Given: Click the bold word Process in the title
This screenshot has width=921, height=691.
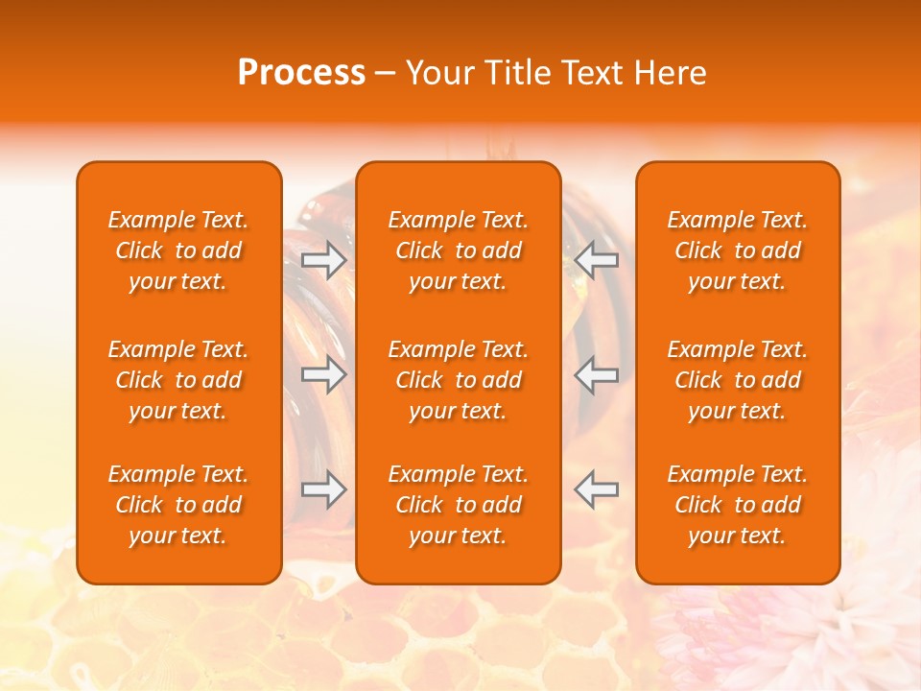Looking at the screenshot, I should pyautogui.click(x=301, y=73).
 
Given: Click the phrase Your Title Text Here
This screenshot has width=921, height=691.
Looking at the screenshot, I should pyautogui.click(x=556, y=73).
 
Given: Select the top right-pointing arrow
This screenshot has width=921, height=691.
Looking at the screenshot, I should pyautogui.click(x=324, y=259).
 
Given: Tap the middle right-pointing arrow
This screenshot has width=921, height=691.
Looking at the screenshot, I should pyautogui.click(x=324, y=373).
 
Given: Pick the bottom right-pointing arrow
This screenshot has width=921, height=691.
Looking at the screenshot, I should pyautogui.click(x=324, y=489).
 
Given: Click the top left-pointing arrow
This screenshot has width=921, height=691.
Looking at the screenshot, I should pyautogui.click(x=596, y=259).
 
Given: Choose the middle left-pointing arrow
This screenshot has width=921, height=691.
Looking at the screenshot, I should pyautogui.click(x=596, y=373).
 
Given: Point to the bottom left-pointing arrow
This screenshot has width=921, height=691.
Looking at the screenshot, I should pyautogui.click(x=596, y=489).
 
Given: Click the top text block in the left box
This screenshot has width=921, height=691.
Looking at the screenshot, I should pyautogui.click(x=178, y=250).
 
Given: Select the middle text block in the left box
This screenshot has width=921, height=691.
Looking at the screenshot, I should pyautogui.click(x=178, y=380).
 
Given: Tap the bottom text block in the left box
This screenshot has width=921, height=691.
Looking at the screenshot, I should pyautogui.click(x=178, y=505).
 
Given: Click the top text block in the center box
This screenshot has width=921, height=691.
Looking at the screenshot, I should pyautogui.click(x=458, y=250).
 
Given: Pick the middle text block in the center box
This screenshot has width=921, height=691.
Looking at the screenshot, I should pyautogui.click(x=458, y=380).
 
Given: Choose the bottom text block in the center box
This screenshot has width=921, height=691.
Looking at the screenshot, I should pyautogui.click(x=458, y=505).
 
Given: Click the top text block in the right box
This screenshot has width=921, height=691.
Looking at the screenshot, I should pyautogui.click(x=737, y=250).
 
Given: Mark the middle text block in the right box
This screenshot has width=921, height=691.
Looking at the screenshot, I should pyautogui.click(x=737, y=380).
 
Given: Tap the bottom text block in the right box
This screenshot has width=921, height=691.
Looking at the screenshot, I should pyautogui.click(x=737, y=505).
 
